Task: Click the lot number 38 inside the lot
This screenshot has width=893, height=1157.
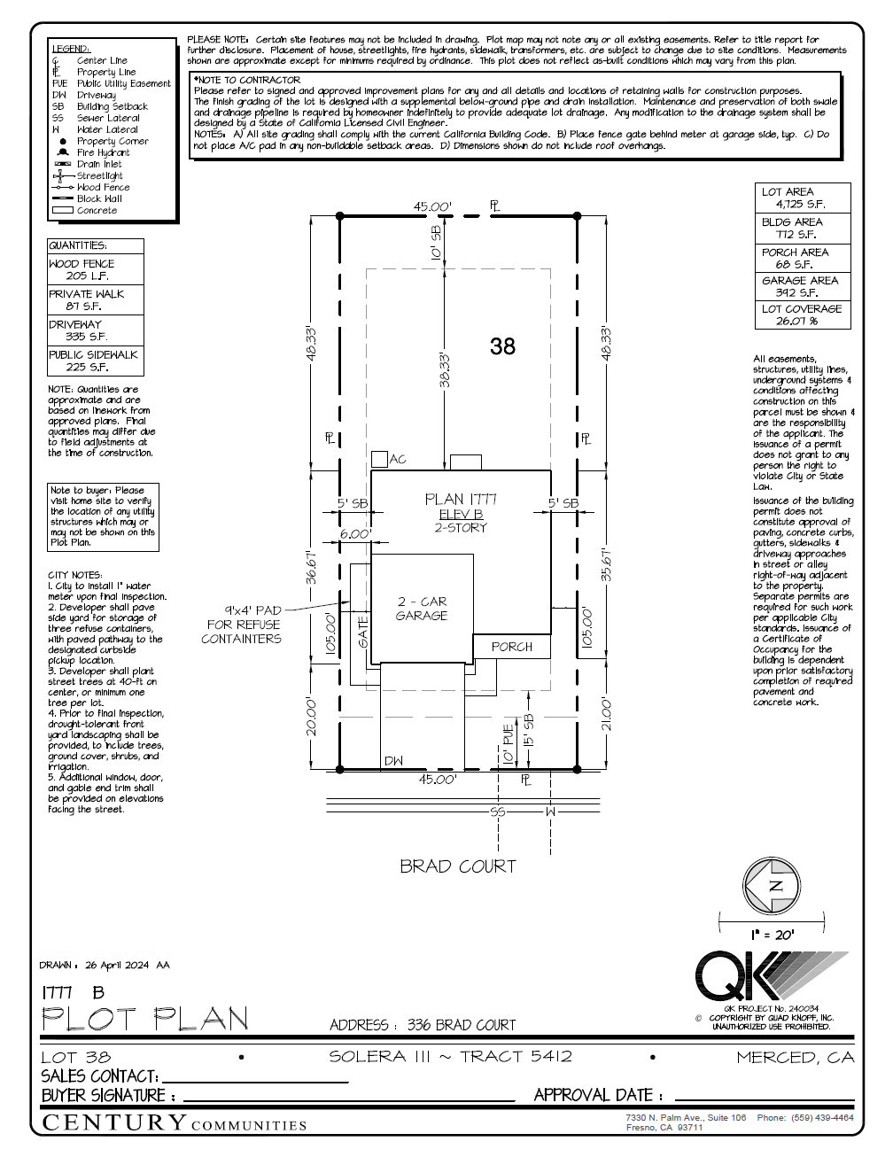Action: [502, 346]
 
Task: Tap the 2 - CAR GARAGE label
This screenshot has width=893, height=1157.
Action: [422, 609]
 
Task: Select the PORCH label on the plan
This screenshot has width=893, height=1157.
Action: [512, 647]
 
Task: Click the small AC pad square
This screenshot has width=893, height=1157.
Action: [379, 459]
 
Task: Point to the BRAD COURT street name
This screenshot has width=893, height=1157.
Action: [457, 866]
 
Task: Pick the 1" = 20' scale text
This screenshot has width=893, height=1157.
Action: [773, 935]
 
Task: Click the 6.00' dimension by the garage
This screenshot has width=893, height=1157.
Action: [354, 534]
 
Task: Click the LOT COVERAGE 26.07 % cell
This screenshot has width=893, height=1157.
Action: [802, 314]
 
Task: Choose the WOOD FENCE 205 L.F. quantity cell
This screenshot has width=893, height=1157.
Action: [95, 269]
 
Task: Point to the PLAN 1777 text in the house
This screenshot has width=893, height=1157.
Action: [461, 500]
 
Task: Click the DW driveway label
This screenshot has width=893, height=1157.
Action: [393, 761]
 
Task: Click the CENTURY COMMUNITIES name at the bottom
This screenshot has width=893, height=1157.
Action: [175, 1123]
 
